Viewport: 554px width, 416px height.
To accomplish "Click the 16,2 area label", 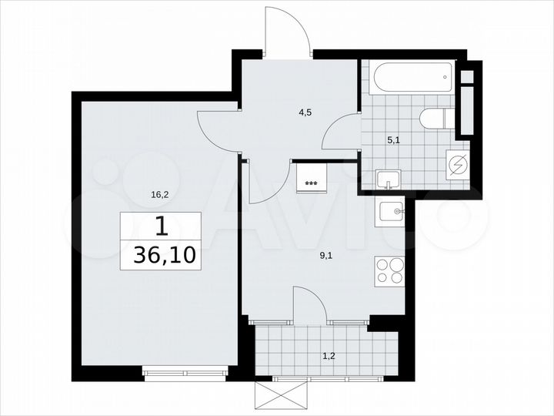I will tap(160, 195).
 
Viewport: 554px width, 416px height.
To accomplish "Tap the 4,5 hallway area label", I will tap(305, 112).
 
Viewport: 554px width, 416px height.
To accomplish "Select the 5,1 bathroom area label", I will tap(392, 140).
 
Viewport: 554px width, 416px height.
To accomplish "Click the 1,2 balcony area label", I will tap(328, 356).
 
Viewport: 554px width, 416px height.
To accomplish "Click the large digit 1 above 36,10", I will tap(160, 226).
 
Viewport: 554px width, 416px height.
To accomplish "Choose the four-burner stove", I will tap(391, 270).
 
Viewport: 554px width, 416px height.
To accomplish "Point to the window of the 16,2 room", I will tap(184, 374).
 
